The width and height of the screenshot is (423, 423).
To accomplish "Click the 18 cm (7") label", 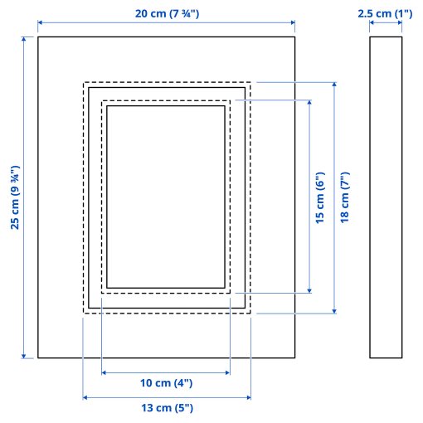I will (x=346, y=197).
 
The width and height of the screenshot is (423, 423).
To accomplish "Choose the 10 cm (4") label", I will (x=165, y=383).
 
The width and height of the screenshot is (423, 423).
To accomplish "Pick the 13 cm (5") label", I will (x=165, y=408).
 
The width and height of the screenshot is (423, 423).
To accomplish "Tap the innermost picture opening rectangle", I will (x=166, y=197).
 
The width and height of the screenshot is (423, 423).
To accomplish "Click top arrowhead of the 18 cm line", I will (x=334, y=85).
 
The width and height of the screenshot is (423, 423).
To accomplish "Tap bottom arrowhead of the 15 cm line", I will (x=309, y=289).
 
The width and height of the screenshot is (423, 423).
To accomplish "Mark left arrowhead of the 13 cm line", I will (x=86, y=397).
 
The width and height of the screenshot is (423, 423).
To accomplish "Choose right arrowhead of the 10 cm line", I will (x=227, y=372).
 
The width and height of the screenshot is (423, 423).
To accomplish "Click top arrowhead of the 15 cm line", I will (x=309, y=104).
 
